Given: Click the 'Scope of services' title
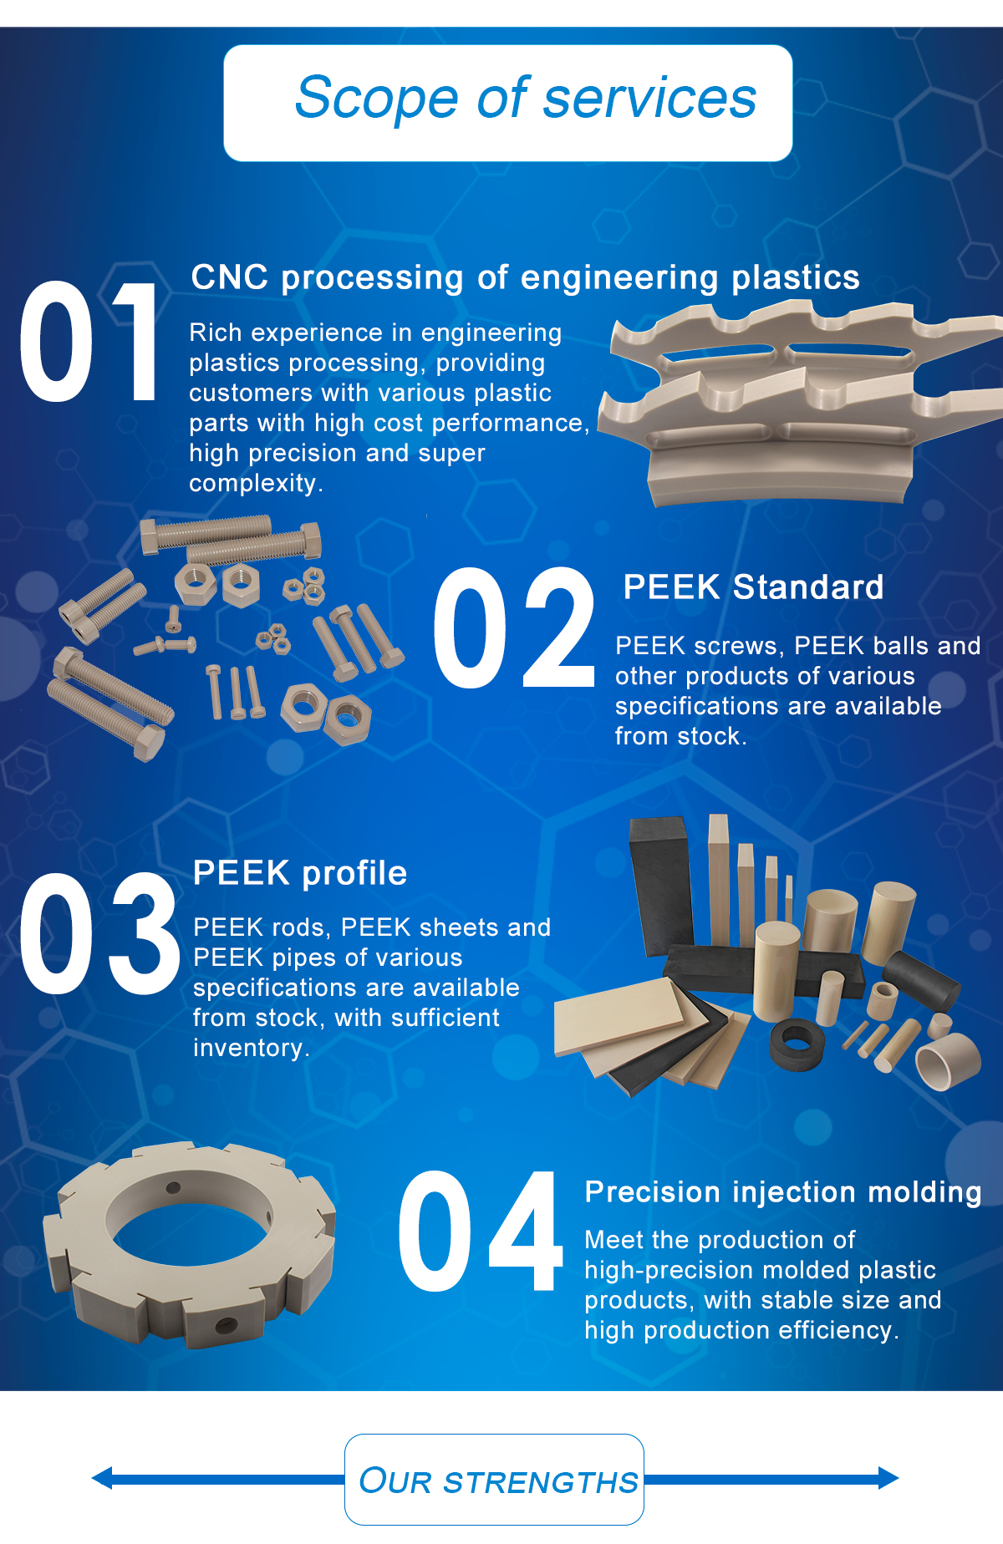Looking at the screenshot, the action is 526,99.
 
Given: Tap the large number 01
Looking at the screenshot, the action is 89,343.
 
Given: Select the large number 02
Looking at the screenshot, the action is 513,627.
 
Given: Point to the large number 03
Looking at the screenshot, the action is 99,934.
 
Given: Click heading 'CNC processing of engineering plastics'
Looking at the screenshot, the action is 525,278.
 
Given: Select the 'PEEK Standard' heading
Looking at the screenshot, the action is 753,587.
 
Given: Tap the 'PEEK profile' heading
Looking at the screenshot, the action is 300,874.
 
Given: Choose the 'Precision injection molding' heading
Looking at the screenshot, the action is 783,1193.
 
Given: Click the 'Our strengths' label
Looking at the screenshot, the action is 498,1481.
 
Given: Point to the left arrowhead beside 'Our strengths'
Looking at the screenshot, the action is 101,1479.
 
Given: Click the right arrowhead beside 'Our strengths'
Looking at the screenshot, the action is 888,1478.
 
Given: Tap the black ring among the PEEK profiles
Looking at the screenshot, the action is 797,1045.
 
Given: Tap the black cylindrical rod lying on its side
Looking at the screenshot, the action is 921,981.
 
